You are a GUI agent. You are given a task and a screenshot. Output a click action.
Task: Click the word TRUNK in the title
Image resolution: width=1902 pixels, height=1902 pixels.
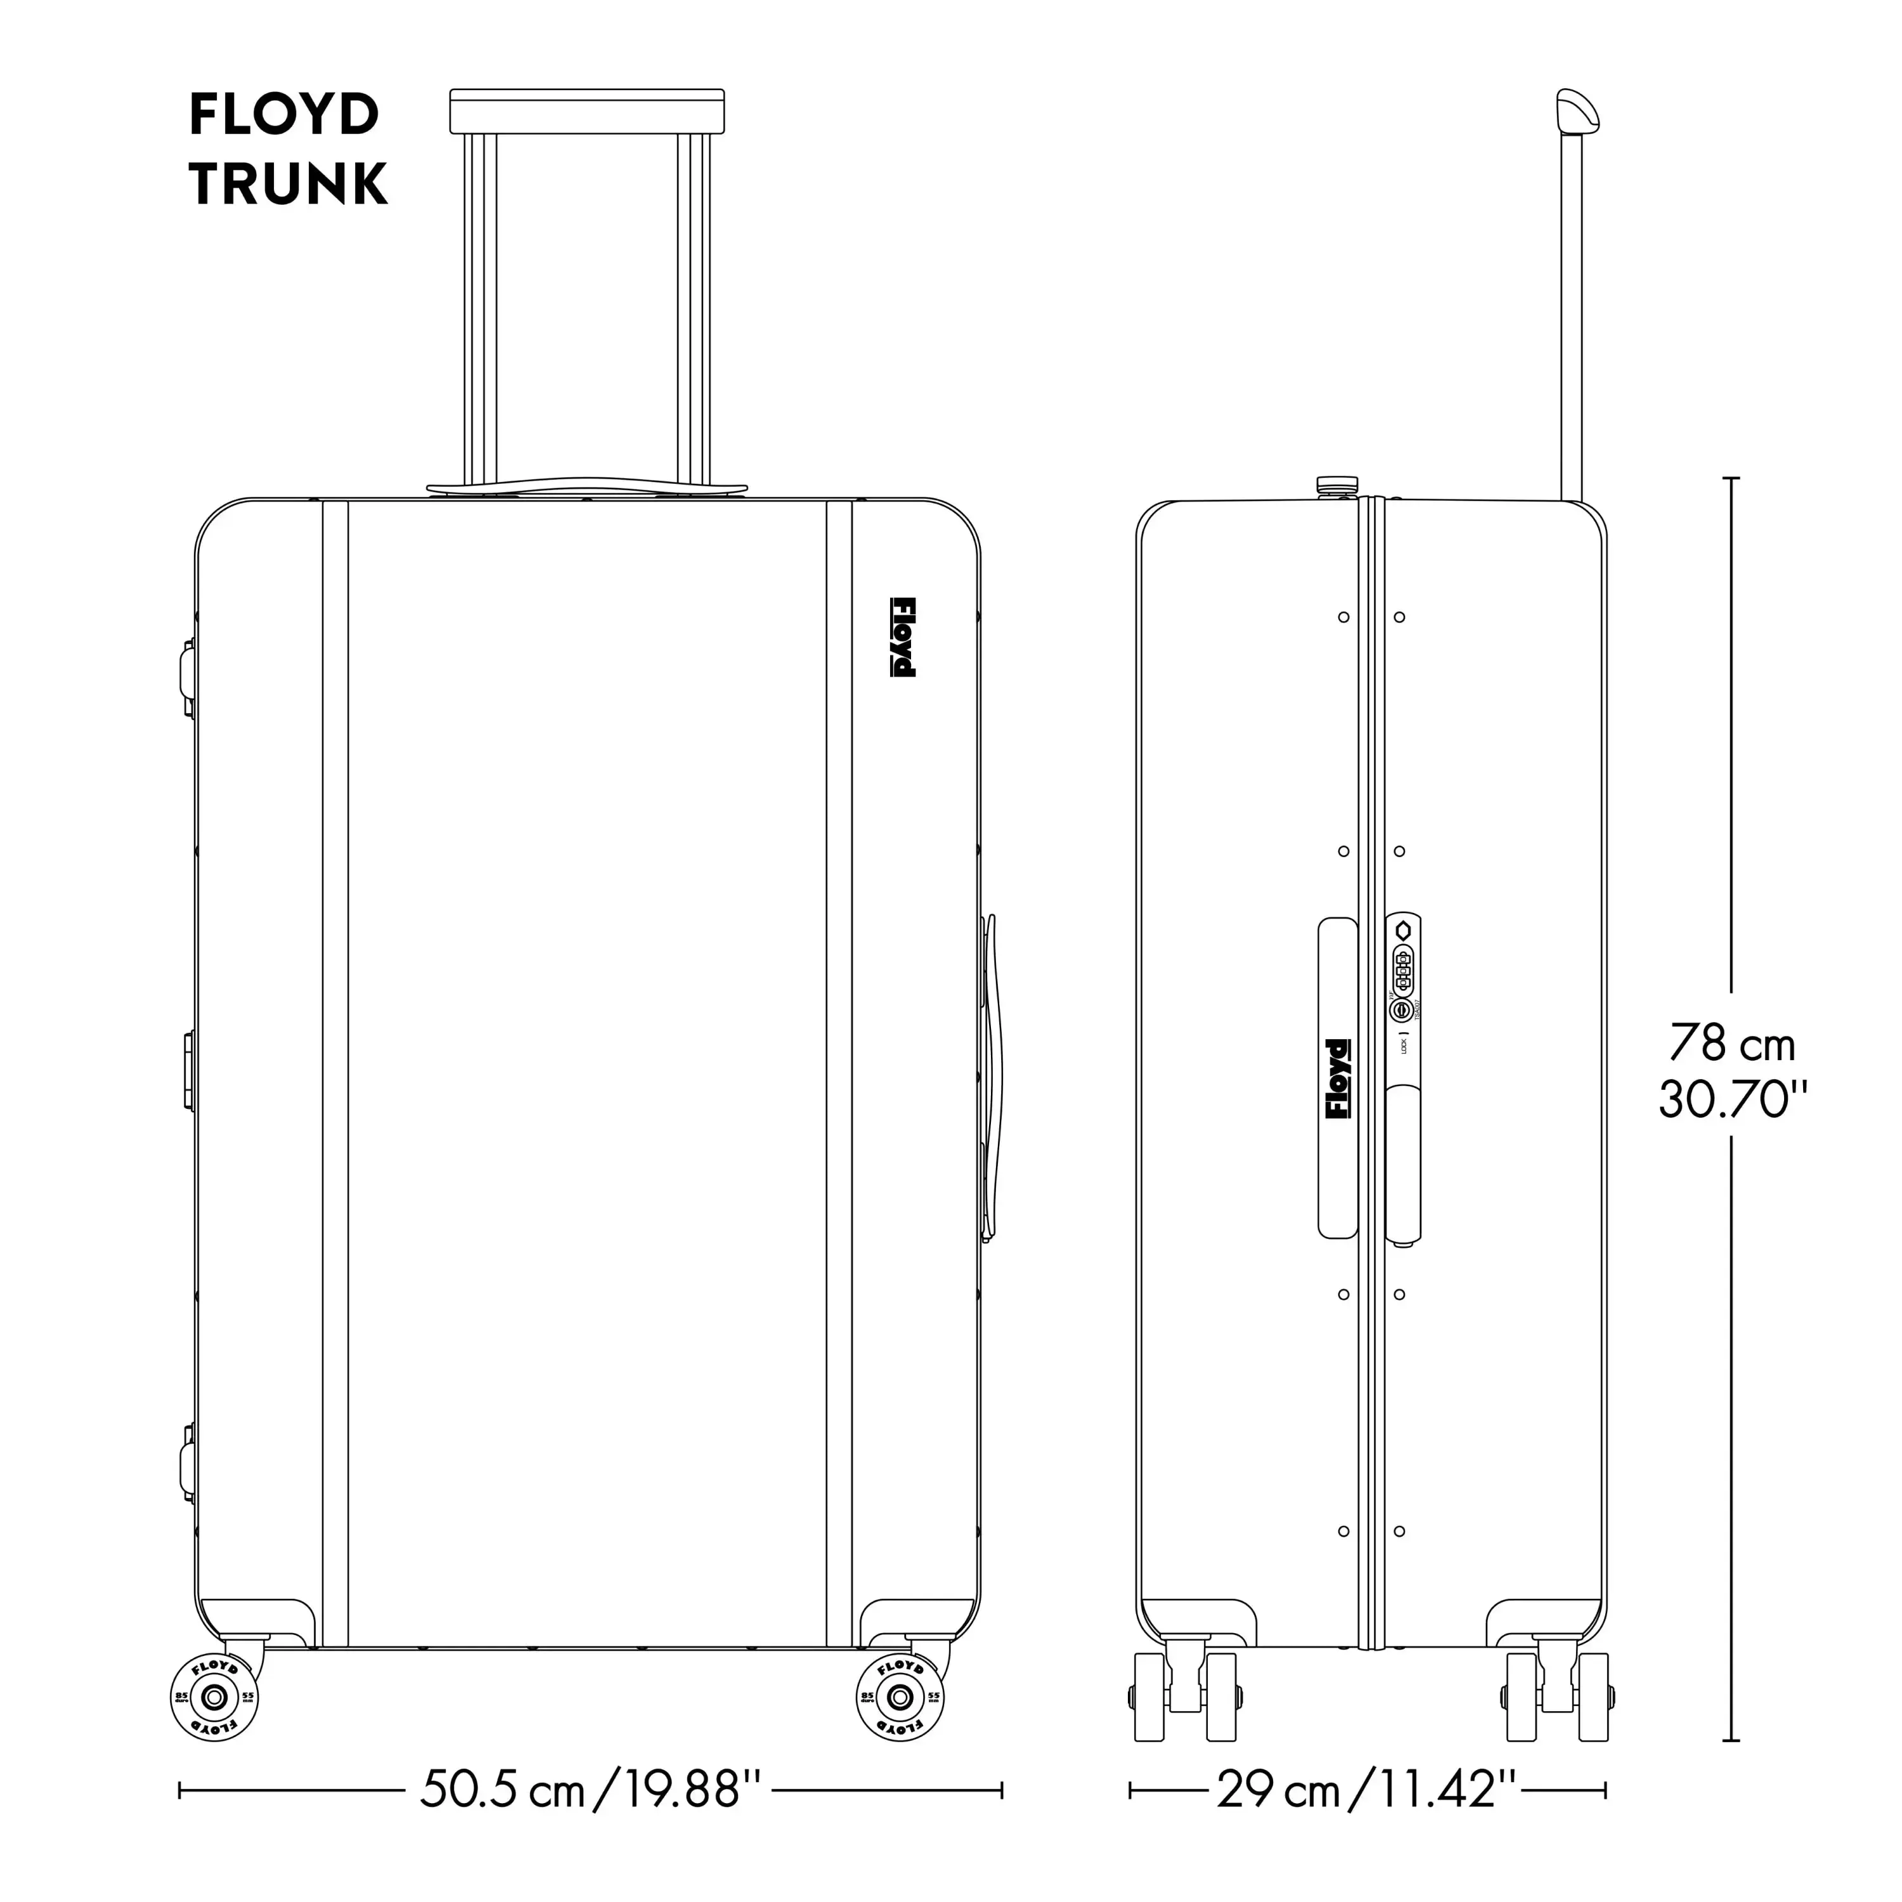tap(288, 184)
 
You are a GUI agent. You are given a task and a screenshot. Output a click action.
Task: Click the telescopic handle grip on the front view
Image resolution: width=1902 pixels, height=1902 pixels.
tap(586, 111)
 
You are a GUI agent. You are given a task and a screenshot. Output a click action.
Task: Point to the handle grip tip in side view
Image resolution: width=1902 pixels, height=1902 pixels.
tap(1575, 110)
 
